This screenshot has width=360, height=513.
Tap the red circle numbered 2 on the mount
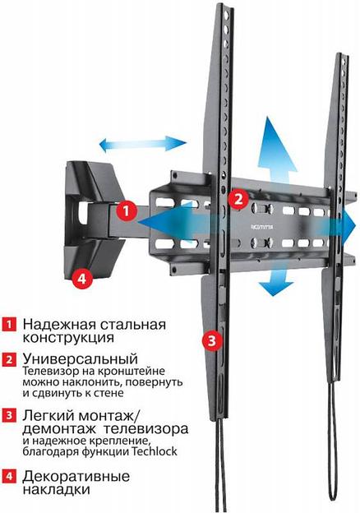point(237,198)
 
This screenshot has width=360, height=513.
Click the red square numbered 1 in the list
point(8,324)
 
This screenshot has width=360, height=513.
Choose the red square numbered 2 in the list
point(8,360)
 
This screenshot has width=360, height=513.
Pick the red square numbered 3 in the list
point(8,429)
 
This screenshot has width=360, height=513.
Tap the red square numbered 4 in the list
point(8,477)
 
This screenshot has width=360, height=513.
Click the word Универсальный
point(80,359)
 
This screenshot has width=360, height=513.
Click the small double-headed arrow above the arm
point(142,145)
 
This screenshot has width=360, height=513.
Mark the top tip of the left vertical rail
point(221,8)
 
